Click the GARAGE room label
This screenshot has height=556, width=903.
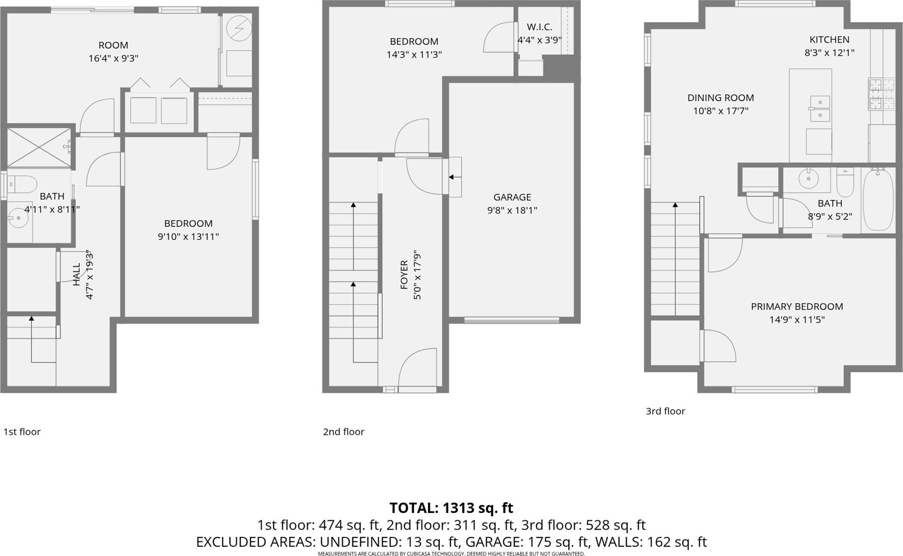pos(512,197)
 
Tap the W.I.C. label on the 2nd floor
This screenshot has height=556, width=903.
pos(540,27)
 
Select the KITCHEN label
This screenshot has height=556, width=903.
pos(829,40)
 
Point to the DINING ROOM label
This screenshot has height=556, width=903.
pos(721,98)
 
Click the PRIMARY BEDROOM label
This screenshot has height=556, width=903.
pos(797,307)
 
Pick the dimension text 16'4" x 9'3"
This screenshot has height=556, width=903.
pos(113,58)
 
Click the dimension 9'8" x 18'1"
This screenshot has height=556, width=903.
pos(512,210)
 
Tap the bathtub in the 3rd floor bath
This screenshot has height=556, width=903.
pos(879,200)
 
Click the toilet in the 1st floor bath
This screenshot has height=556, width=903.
pos(22,184)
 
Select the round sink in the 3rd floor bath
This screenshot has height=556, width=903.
pos(808,179)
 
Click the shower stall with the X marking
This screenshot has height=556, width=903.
pos(39,147)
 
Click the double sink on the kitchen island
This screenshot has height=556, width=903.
pos(819,109)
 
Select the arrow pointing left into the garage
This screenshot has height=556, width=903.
pos(455,177)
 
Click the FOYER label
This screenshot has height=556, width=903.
pos(404,275)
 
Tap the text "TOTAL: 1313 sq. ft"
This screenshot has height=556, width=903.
pos(451,508)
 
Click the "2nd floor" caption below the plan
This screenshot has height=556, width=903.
pos(343,432)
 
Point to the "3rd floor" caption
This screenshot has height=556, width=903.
pos(665,411)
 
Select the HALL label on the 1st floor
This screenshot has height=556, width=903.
pos(76,275)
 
